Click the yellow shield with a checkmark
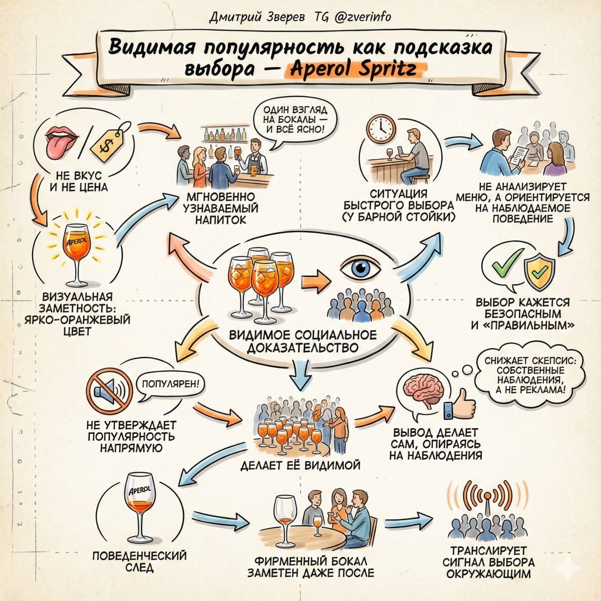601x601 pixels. click(x=539, y=273)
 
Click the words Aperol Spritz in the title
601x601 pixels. click(x=354, y=70)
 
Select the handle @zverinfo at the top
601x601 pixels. click(x=362, y=17)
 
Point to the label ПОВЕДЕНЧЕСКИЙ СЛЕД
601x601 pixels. click(x=139, y=561)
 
